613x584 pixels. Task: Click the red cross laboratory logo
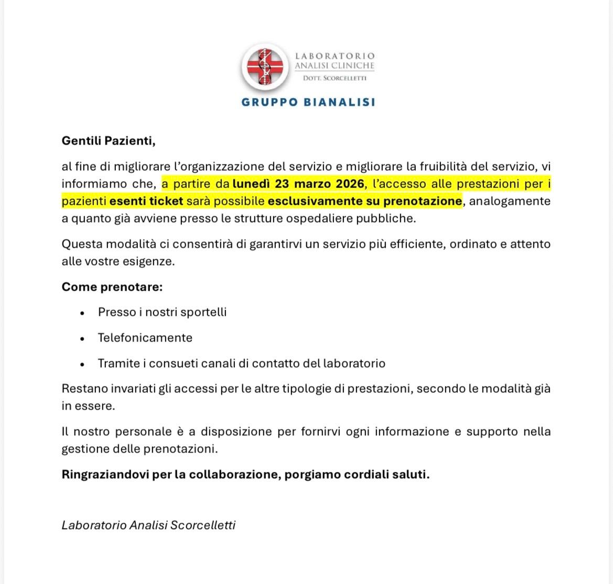[x=265, y=67]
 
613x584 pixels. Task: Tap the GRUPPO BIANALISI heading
[x=308, y=102]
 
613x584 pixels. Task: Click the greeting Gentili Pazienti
[x=109, y=141]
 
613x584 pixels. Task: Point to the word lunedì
[x=253, y=184]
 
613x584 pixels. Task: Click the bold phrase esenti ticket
[x=146, y=201]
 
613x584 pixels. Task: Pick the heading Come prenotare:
[x=112, y=287]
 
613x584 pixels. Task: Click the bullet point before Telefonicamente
[x=82, y=339]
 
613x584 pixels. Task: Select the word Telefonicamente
[x=145, y=338]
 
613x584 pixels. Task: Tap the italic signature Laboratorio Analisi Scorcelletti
[x=148, y=525]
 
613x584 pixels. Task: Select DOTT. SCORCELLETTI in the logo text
[x=335, y=79]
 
